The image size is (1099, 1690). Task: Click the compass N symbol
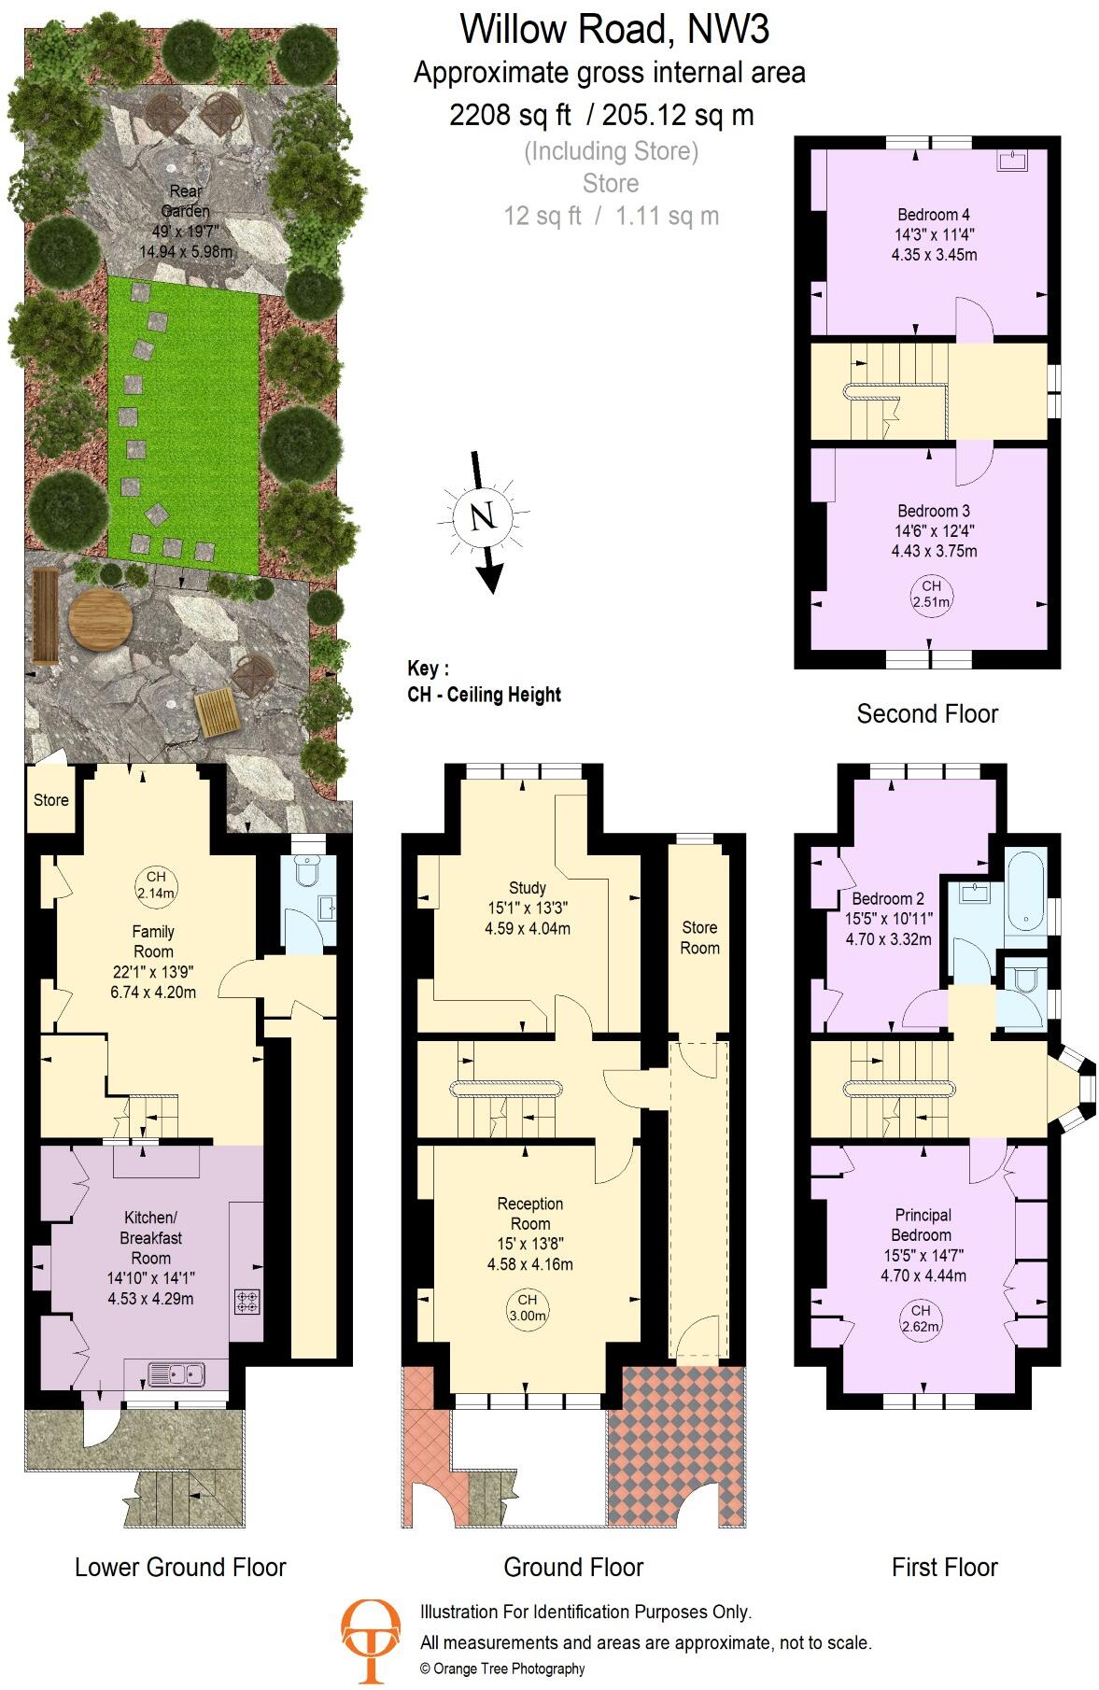482,516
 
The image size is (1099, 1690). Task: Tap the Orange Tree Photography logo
370,1640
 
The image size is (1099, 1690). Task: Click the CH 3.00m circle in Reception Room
528,1307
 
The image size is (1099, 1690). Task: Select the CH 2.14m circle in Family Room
155,884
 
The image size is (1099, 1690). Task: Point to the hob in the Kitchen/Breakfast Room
248,1302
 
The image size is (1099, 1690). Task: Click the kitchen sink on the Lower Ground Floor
176,1374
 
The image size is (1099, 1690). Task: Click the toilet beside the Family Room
307,870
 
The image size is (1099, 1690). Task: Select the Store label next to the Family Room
51,800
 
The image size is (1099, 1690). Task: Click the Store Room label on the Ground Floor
699,937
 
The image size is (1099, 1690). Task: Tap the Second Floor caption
927,714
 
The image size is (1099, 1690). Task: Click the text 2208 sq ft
510,115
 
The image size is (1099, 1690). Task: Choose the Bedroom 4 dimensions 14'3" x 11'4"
934,234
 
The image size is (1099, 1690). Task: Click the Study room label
528,888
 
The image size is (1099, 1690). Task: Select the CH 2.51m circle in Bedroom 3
931,594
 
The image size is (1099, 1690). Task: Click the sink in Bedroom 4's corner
1012,162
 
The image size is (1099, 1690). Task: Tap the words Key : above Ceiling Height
428,669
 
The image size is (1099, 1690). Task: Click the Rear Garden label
186,202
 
